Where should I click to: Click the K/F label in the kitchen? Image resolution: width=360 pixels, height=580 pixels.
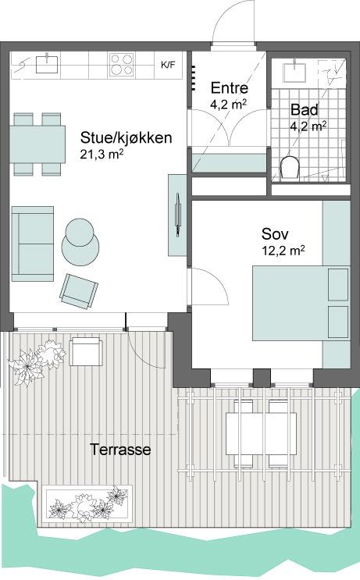pyautogui.click(x=168, y=65)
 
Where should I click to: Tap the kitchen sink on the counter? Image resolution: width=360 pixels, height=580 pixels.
pyautogui.click(x=48, y=64)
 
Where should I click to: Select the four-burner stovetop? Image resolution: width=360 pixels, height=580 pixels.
pyautogui.click(x=121, y=65)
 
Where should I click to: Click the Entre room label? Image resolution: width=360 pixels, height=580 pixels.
pyautogui.click(x=230, y=88)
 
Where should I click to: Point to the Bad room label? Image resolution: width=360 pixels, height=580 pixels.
pyautogui.click(x=304, y=109)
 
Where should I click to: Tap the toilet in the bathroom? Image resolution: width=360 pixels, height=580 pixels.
pyautogui.click(x=290, y=169)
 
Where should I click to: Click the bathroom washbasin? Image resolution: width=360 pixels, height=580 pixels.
pyautogui.click(x=294, y=72)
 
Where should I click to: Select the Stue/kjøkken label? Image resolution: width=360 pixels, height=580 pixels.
pyautogui.click(x=127, y=137)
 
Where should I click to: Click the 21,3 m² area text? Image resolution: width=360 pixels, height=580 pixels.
pyautogui.click(x=102, y=154)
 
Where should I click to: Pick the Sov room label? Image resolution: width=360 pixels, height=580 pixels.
pyautogui.click(x=275, y=233)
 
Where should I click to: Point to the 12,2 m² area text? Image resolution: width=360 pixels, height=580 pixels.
pyautogui.click(x=283, y=251)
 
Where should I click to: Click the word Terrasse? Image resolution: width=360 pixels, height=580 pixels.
pyautogui.click(x=120, y=450)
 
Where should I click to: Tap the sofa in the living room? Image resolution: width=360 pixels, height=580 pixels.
pyautogui.click(x=33, y=244)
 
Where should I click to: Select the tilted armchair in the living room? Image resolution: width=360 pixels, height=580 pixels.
pyautogui.click(x=79, y=291)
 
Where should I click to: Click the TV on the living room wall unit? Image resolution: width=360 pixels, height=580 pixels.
pyautogui.click(x=178, y=215)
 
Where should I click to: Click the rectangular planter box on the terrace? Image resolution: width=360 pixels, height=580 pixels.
pyautogui.click(x=88, y=503)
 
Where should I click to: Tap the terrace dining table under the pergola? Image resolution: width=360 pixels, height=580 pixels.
pyautogui.click(x=261, y=433)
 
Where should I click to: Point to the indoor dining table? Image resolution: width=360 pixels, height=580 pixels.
pyautogui.click(x=37, y=144)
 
